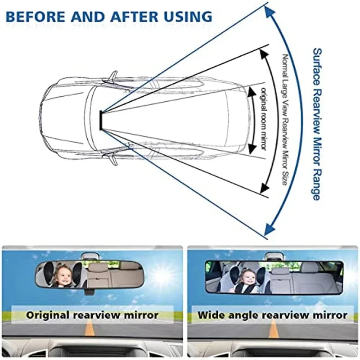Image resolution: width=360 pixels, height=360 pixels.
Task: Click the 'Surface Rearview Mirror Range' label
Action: (316, 124)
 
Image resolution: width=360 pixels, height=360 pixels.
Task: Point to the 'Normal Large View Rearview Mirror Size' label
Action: (284, 119)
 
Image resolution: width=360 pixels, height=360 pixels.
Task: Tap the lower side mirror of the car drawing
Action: (112, 158)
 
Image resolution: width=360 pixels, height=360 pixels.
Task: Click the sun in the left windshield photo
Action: (161, 275)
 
